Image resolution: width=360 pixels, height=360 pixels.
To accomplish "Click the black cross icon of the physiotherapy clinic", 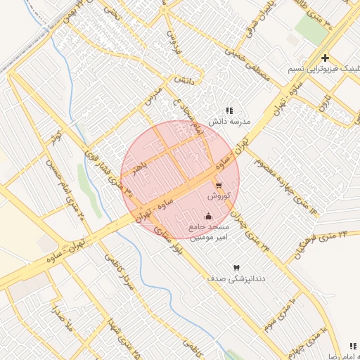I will tap(325, 58).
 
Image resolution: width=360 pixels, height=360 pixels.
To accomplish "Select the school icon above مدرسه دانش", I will tap(229, 110).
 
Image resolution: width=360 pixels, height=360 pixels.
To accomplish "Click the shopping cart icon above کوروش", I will tap(219, 185).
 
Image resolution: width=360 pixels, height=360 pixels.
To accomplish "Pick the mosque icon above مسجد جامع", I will tap(207, 216).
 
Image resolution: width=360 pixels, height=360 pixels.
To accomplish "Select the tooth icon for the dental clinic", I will tap(236, 268).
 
